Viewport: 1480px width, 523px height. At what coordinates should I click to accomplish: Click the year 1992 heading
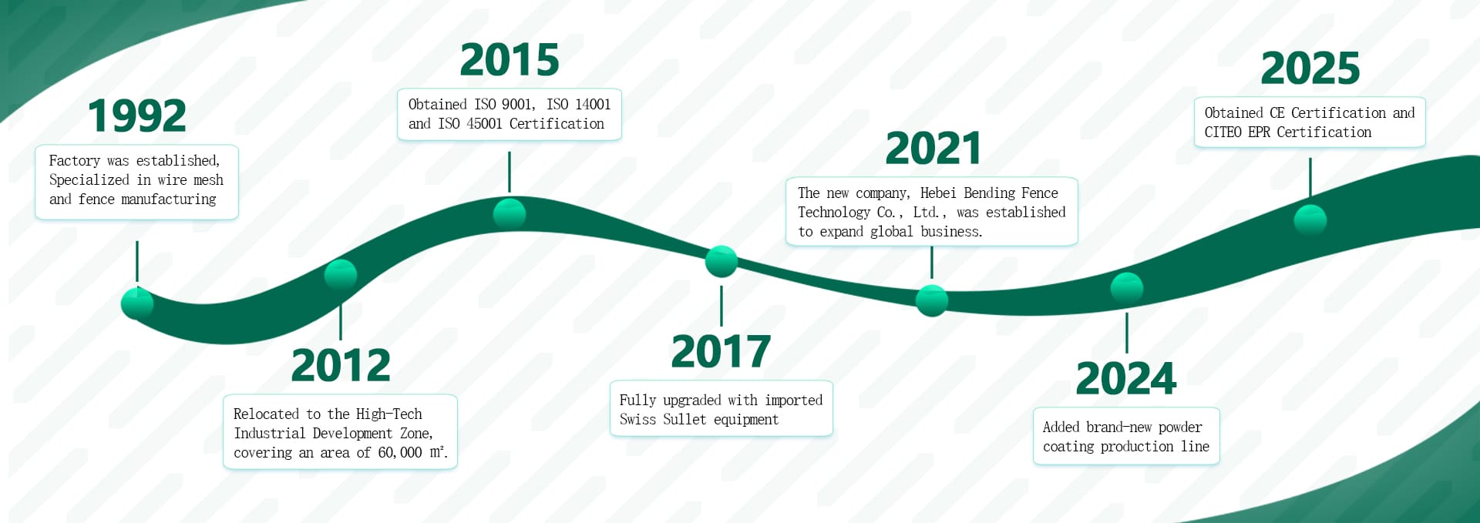click(x=137, y=116)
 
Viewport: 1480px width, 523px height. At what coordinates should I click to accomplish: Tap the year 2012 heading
click(x=341, y=365)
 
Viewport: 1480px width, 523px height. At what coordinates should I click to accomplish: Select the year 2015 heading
click(x=510, y=60)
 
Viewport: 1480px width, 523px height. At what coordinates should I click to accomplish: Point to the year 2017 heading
click(x=721, y=352)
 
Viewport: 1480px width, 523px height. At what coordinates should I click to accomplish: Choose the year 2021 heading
click(x=933, y=149)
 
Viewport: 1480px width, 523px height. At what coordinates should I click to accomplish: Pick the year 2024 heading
click(x=1126, y=378)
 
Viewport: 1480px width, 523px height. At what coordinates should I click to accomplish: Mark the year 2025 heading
click(x=1310, y=69)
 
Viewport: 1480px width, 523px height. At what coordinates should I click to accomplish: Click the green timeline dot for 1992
click(x=137, y=303)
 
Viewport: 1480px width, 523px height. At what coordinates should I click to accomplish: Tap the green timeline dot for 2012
click(x=341, y=275)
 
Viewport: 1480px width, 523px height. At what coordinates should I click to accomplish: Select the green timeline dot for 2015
click(x=510, y=213)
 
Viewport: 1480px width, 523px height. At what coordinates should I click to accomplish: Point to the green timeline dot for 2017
click(x=721, y=262)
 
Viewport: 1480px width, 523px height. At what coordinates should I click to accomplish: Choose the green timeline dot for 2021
click(x=932, y=300)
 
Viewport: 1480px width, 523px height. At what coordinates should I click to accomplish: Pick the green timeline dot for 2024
click(x=1127, y=288)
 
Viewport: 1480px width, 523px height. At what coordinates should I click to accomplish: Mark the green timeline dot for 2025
click(x=1310, y=220)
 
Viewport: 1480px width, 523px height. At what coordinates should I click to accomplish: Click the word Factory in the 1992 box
click(x=75, y=161)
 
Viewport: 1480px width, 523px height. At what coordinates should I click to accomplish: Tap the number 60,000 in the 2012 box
click(x=400, y=453)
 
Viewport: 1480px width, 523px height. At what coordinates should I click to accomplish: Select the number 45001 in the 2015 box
click(x=483, y=124)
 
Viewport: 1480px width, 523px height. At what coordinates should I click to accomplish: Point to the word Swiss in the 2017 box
click(x=637, y=420)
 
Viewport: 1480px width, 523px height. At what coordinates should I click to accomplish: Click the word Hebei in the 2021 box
click(x=938, y=193)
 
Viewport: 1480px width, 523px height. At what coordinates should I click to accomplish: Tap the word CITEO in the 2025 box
click(x=1223, y=132)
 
